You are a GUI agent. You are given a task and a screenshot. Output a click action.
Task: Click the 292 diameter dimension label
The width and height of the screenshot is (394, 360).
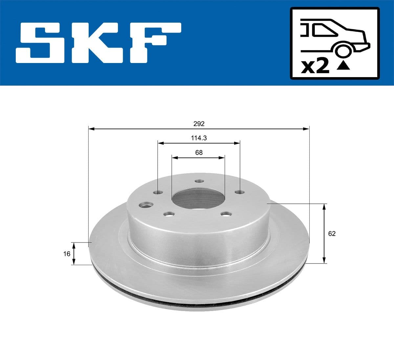199,124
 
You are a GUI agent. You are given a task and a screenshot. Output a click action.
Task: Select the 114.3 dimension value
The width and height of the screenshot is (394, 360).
199,138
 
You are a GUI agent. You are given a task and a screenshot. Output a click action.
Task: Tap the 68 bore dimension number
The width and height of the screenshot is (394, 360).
199,152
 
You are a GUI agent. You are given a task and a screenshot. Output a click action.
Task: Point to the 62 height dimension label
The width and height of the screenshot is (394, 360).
332,234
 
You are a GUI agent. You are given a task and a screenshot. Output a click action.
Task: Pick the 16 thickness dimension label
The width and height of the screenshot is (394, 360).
67,254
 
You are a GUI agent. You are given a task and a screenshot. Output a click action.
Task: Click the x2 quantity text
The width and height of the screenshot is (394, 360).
315,67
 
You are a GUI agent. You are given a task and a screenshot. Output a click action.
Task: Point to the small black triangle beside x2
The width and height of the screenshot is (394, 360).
343,66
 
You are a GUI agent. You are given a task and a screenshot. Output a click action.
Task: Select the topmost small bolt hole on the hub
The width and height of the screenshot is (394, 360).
199,181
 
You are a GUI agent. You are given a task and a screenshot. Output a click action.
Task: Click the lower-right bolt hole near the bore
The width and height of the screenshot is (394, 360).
226,214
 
